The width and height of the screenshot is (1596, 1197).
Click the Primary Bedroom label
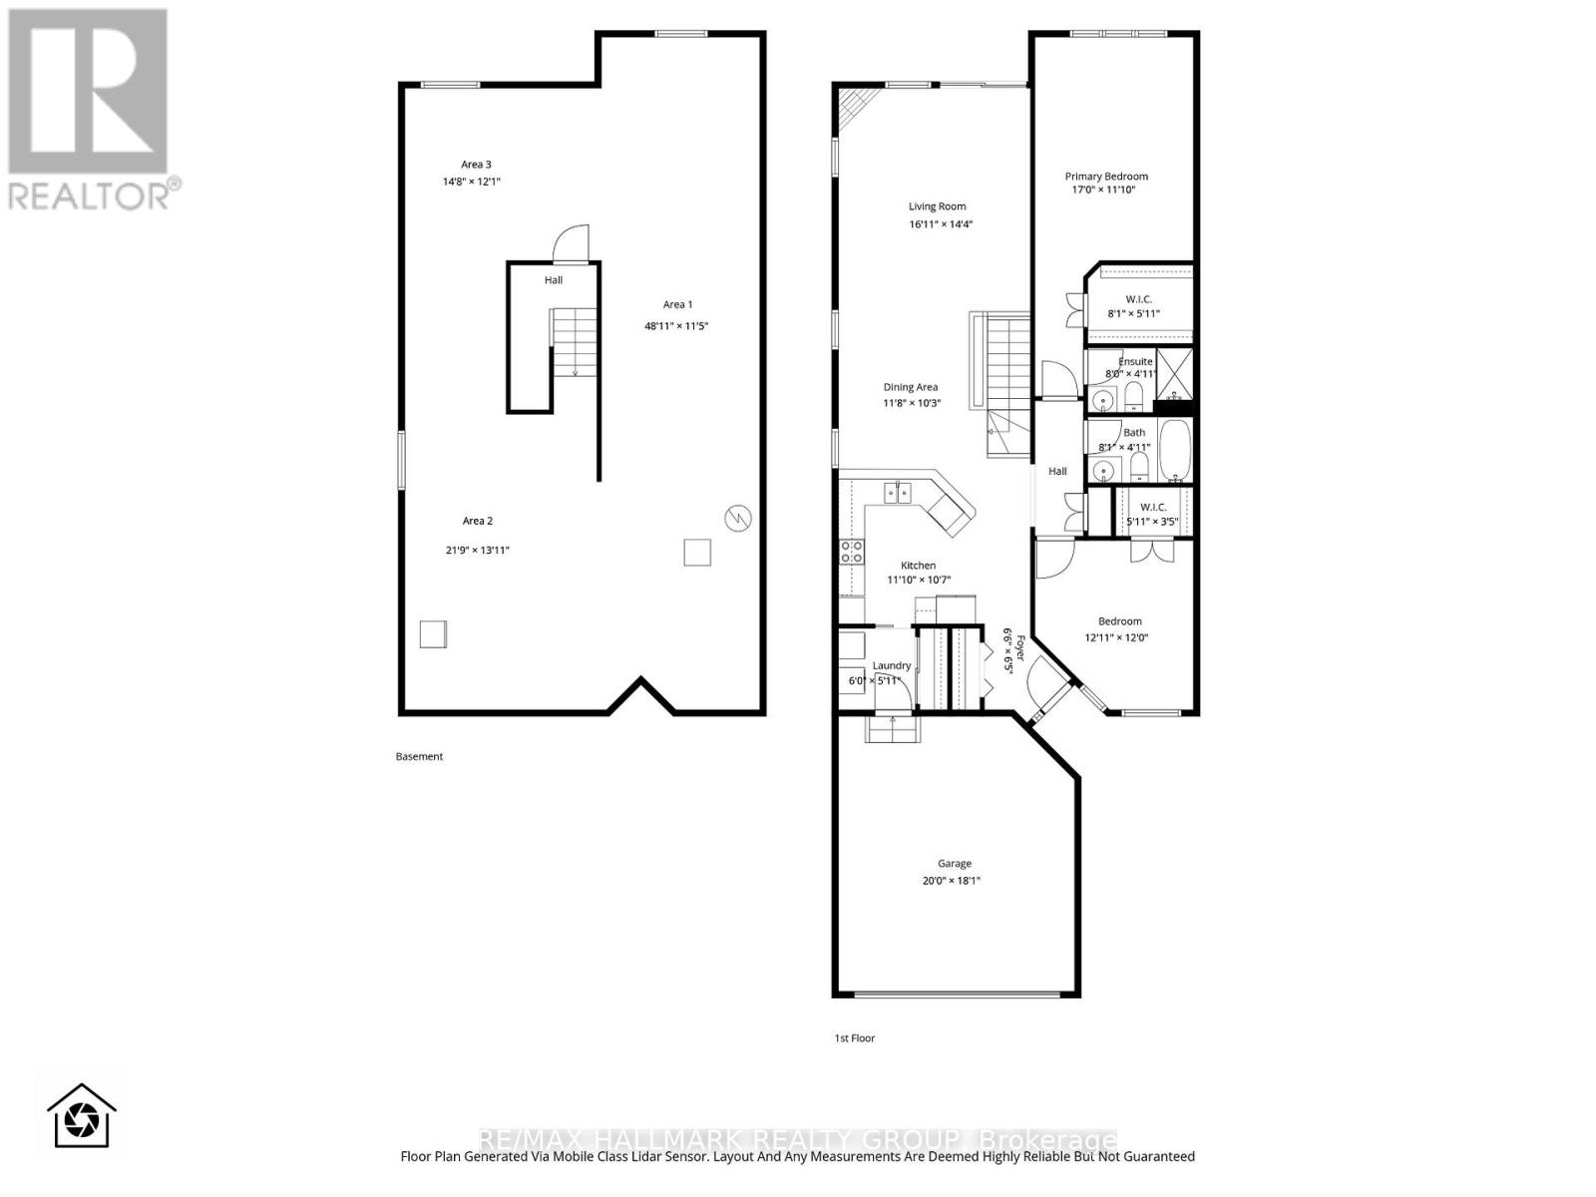pos(1105,177)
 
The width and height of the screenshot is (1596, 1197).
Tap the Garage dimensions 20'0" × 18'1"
pos(954,881)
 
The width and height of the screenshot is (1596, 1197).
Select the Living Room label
pos(937,206)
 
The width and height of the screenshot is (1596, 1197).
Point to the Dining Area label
pos(910,387)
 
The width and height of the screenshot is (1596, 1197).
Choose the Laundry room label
pos(891,665)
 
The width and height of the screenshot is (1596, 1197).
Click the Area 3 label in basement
pos(476,165)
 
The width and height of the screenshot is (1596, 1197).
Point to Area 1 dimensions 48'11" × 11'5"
pos(676,326)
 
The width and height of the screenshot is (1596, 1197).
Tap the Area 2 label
pos(477,521)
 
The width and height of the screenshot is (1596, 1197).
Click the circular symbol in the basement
pos(738,517)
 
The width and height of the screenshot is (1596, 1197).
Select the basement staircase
pos(574,341)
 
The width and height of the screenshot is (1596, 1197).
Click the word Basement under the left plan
pos(419,756)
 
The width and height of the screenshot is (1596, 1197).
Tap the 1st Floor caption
pos(854,1038)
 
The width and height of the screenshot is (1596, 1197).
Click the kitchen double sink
pos(898,492)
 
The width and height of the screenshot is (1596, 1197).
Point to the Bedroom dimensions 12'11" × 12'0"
pos(1116,637)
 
